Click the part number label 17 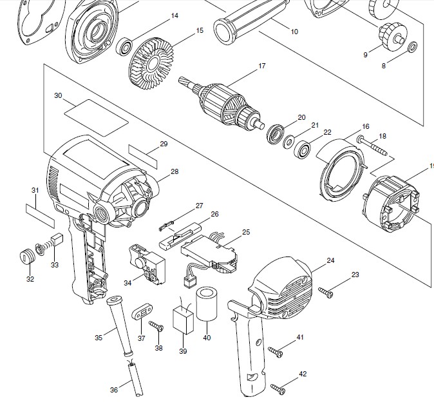coord(262,66)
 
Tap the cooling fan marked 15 coord(151,64)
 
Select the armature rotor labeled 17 coord(220,104)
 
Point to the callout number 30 coord(58,95)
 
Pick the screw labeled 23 coord(326,293)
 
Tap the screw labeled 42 coord(278,389)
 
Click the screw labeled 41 coord(276,352)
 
